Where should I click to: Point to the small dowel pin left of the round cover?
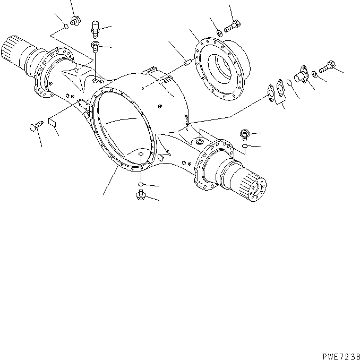pos(187,62)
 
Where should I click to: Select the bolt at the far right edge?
pos(327,66)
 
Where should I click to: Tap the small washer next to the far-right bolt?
pos(315,72)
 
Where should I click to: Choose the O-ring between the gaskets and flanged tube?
pos(288,82)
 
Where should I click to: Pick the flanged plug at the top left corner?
pos(73,22)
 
